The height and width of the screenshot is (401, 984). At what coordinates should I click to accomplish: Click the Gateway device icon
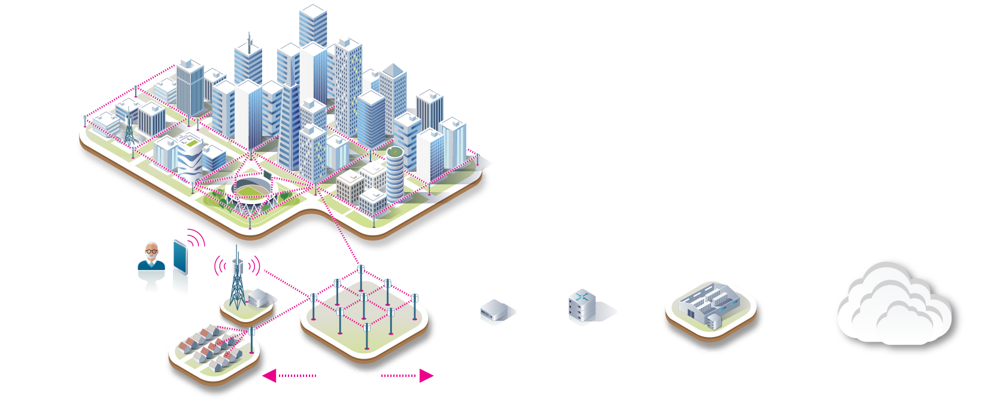[494, 310]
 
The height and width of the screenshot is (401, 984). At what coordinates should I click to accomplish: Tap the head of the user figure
[152, 251]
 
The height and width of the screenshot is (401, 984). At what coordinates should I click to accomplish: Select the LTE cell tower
[238, 281]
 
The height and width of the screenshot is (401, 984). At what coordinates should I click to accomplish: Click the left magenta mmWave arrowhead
[269, 376]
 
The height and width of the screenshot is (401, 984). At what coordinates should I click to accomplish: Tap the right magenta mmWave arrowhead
[426, 376]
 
